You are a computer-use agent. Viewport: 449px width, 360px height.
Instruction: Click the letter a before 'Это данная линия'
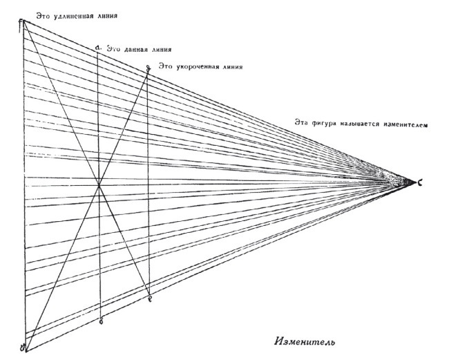click(99, 47)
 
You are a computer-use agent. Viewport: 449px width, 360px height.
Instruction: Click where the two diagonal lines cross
click(100, 184)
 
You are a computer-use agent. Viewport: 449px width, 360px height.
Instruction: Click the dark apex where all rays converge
click(408, 181)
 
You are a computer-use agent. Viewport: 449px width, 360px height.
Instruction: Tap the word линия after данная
click(159, 50)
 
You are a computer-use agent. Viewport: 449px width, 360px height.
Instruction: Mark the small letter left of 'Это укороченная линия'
click(149, 67)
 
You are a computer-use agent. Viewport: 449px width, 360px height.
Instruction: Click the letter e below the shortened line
click(150, 299)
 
